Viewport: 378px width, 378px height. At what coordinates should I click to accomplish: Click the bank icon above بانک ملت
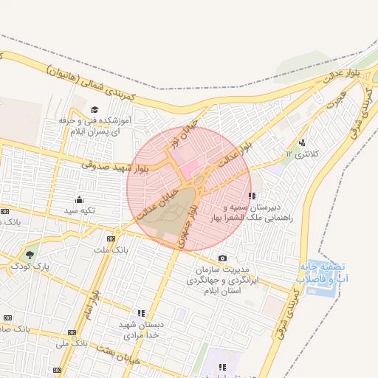[x=111, y=239]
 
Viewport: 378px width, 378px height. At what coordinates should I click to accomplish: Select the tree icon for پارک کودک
[x=30, y=254]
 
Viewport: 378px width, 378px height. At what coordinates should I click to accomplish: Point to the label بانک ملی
[x=72, y=343]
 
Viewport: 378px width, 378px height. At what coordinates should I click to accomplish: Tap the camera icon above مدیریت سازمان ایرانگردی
[x=222, y=258]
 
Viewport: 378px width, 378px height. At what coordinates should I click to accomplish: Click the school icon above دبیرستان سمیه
[x=252, y=196]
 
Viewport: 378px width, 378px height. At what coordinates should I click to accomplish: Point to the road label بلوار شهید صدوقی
[x=115, y=167]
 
